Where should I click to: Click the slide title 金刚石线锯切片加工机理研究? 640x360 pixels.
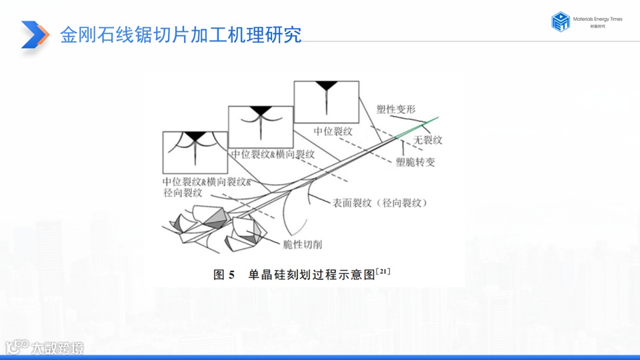[x=181, y=34]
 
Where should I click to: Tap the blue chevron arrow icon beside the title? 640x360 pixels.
[x=35, y=34]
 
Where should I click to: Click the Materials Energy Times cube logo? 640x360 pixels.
[x=560, y=22]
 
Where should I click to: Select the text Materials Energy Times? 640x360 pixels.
[x=597, y=19]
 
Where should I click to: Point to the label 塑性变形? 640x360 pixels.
[x=396, y=109]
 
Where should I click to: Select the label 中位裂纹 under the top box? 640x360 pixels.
[x=333, y=131]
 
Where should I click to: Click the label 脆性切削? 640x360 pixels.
[x=303, y=245]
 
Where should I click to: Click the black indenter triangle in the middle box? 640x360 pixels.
[x=261, y=111]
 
